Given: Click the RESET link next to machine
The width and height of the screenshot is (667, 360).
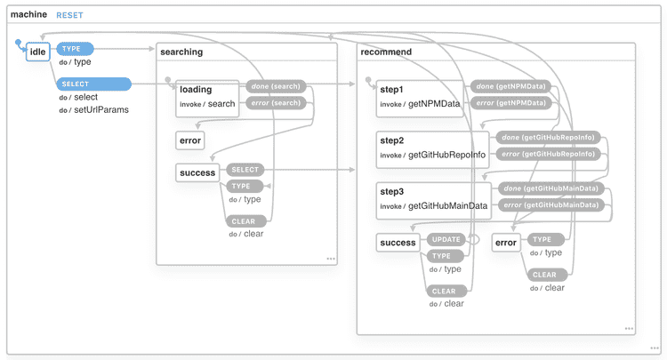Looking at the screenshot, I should (x=69, y=16).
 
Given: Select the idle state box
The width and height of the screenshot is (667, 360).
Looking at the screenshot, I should (x=37, y=52).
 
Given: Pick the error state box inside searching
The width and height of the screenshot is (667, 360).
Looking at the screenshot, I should (x=190, y=140).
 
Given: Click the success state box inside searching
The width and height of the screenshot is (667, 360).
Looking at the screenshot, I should (x=197, y=172).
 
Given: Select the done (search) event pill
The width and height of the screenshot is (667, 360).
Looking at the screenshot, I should (x=275, y=87).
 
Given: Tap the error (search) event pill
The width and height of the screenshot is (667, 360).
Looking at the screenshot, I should (x=275, y=104).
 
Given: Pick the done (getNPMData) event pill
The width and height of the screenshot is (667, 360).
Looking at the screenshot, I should (x=510, y=87).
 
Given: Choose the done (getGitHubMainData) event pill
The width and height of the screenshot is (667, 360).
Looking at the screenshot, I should (x=550, y=188).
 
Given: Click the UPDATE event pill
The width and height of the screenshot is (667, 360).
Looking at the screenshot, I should (x=446, y=239).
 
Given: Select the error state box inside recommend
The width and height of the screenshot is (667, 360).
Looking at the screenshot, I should (x=506, y=242).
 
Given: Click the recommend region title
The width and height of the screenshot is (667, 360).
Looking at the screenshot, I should (x=386, y=52).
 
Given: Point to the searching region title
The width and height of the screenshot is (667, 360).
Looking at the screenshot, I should (x=181, y=52).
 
